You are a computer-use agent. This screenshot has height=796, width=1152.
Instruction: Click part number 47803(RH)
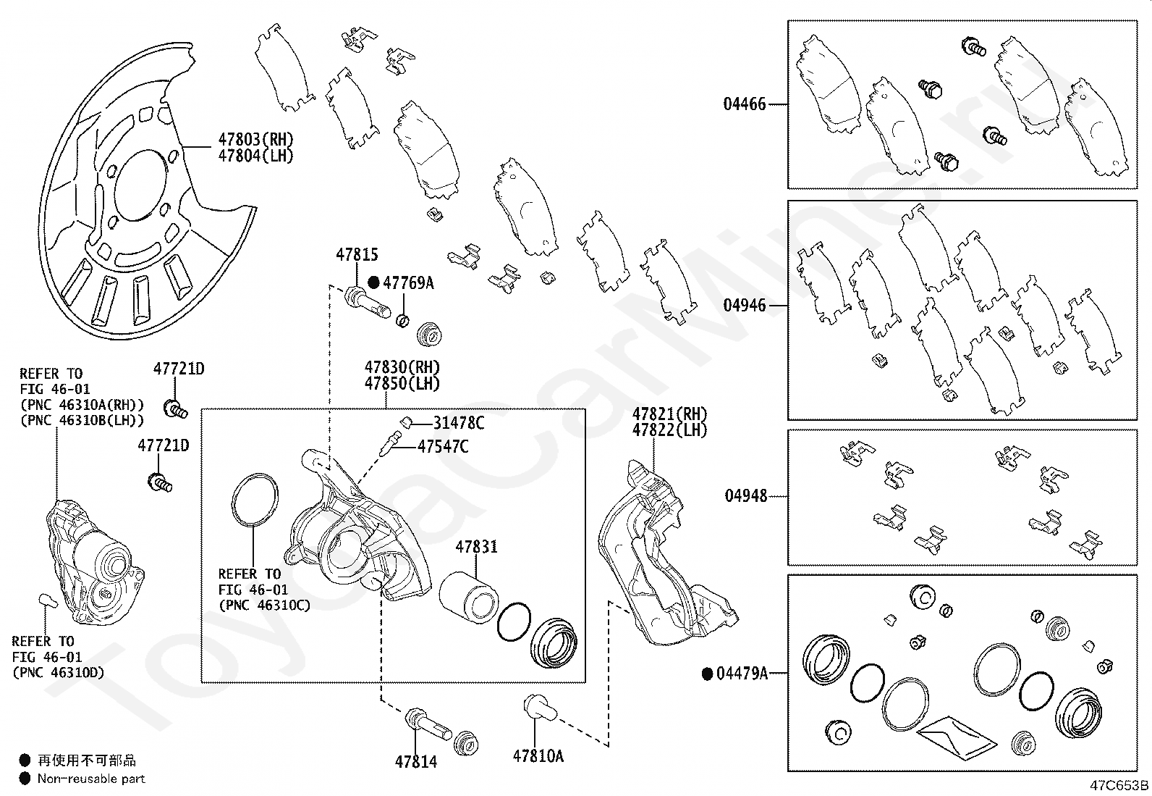coord(257,139)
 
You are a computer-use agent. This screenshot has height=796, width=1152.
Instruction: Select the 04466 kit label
coord(745,104)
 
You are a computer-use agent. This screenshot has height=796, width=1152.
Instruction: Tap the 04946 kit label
coord(745,306)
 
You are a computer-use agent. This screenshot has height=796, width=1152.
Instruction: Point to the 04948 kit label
coord(745,496)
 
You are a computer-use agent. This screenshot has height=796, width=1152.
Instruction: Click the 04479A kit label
coord(741,674)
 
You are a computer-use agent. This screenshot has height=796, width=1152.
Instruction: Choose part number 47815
coord(357,255)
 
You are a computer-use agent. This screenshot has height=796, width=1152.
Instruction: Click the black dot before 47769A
coord(374,282)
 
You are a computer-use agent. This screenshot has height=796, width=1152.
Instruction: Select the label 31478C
coord(459,423)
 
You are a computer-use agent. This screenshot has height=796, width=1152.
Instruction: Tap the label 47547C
coord(442,446)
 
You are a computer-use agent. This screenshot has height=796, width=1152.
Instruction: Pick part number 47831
coord(476,548)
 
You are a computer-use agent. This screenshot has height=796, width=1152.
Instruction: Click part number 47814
coord(416,761)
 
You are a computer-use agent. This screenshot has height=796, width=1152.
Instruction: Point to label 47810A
coord(538,756)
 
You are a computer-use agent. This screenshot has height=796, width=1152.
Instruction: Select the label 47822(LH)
coord(670,430)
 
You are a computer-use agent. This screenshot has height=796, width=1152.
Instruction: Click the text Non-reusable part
coord(91,779)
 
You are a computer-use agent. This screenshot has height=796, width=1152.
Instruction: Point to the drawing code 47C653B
coord(1120,785)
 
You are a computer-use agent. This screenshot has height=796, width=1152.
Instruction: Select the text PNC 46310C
coord(264,605)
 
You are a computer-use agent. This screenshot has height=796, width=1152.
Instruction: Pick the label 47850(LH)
coord(402,384)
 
